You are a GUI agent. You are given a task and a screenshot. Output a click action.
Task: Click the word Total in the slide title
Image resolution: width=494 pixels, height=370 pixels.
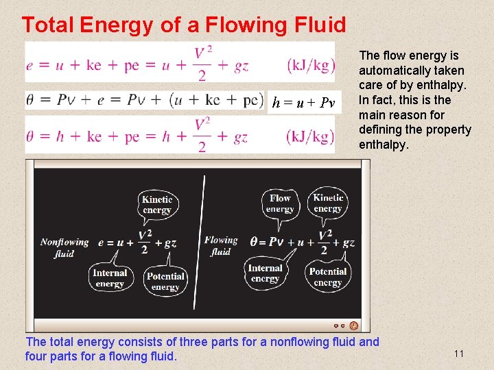[x=48, y=25]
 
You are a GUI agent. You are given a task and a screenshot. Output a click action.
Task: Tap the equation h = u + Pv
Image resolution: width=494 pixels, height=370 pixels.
[x=303, y=103]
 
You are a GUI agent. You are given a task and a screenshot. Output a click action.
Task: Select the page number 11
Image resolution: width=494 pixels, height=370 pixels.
[x=459, y=354]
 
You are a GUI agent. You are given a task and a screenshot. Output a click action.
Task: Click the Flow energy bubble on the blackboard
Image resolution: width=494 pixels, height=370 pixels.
[x=280, y=203]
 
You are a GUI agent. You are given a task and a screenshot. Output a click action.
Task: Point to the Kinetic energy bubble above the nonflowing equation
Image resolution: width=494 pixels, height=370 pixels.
[x=157, y=204]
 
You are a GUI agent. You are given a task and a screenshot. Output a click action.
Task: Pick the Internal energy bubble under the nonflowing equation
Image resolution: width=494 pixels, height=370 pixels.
[x=110, y=277]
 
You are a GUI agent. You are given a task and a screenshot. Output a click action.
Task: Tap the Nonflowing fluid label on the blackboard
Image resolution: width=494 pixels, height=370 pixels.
[x=64, y=247]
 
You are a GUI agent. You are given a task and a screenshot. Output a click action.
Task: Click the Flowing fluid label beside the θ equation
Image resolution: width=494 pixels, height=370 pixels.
[x=220, y=245]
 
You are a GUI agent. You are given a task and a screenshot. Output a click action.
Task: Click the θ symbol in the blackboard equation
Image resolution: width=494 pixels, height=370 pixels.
[x=254, y=242]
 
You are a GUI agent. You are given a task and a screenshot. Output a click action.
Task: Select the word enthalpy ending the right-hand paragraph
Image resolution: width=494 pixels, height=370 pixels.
[x=381, y=145]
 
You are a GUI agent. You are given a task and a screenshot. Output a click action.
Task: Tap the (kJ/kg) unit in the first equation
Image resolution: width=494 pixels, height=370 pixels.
[x=311, y=65]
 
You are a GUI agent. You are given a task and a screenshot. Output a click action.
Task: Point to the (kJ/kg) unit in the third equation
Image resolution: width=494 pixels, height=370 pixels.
[x=311, y=136]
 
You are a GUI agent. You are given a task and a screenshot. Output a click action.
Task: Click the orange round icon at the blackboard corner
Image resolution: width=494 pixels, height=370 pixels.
[x=353, y=325]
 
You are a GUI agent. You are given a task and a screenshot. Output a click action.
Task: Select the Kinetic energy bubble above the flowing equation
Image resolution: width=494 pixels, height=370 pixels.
[x=327, y=203]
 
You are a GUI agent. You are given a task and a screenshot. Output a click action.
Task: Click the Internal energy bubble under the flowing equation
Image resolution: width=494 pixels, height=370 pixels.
[x=266, y=273]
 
